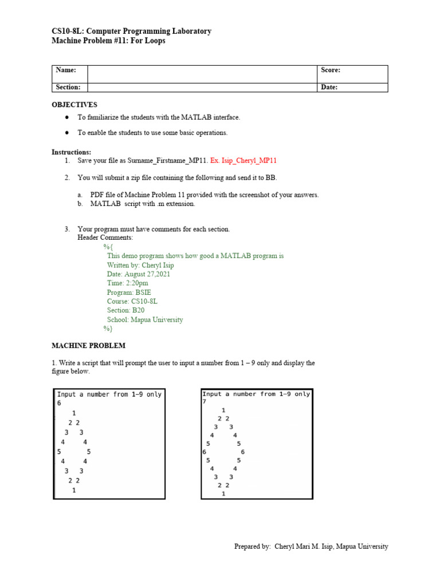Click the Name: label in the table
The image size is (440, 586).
pyautogui.click(x=66, y=70)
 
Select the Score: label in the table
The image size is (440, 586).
pyautogui.click(x=331, y=70)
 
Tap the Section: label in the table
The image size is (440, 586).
pyautogui.click(x=68, y=87)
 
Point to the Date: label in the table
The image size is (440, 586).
pyautogui.click(x=329, y=87)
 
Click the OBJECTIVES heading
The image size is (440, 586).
pyautogui.click(x=74, y=105)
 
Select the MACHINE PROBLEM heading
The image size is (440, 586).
pyautogui.click(x=88, y=346)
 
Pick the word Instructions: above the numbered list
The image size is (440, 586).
pyautogui.click(x=71, y=152)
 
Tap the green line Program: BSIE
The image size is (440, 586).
pyautogui.click(x=129, y=292)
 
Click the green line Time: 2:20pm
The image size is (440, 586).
pyautogui.click(x=127, y=283)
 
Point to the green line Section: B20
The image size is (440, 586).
pyautogui.click(x=125, y=310)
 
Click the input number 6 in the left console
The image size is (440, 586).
pyautogui.click(x=58, y=403)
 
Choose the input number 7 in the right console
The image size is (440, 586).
pyautogui.click(x=205, y=402)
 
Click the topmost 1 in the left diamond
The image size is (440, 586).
pyautogui.click(x=74, y=413)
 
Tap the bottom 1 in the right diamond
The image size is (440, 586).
pyautogui.click(x=223, y=493)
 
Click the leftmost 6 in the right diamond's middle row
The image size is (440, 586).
pyautogui.click(x=205, y=452)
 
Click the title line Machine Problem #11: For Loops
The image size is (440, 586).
pyautogui.click(x=108, y=41)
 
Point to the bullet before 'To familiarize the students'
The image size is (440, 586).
pyautogui.click(x=67, y=117)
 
